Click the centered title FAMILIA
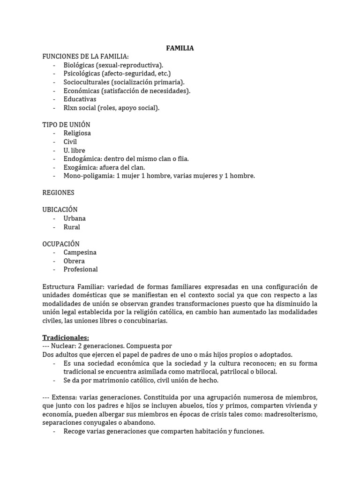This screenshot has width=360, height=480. click(x=180, y=48)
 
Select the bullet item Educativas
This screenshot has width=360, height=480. click(x=80, y=99)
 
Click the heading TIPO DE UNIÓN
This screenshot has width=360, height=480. click(x=67, y=125)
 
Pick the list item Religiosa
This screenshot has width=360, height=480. click(x=77, y=133)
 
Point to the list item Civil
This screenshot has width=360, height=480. click(x=70, y=142)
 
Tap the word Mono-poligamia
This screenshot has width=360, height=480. click(x=86, y=176)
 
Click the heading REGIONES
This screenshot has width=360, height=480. click(x=58, y=193)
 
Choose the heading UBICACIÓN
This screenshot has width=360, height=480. click(x=60, y=210)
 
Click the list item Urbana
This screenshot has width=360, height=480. click(x=75, y=218)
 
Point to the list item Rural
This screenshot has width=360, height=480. click(x=72, y=227)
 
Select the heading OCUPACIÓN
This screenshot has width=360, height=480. click(x=61, y=244)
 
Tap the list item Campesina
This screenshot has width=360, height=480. click(x=80, y=252)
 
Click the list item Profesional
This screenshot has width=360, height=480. click(x=81, y=269)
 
